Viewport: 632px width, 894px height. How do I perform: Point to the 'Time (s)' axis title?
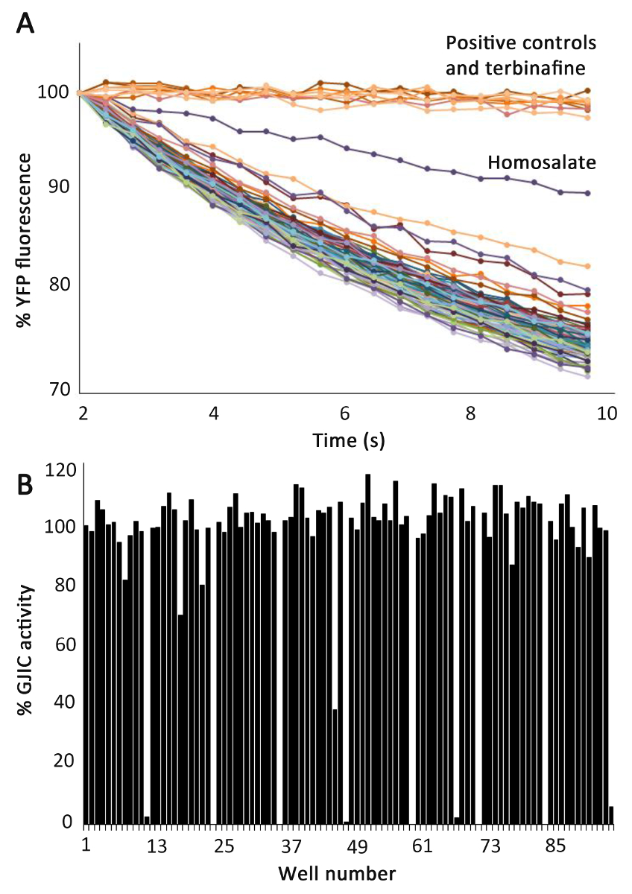pyautogui.click(x=345, y=440)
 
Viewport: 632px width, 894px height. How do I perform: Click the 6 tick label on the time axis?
pyautogui.click(x=345, y=414)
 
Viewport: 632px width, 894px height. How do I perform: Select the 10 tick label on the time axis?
pyautogui.click(x=607, y=414)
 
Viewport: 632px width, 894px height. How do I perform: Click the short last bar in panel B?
pyautogui.click(x=611, y=815)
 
